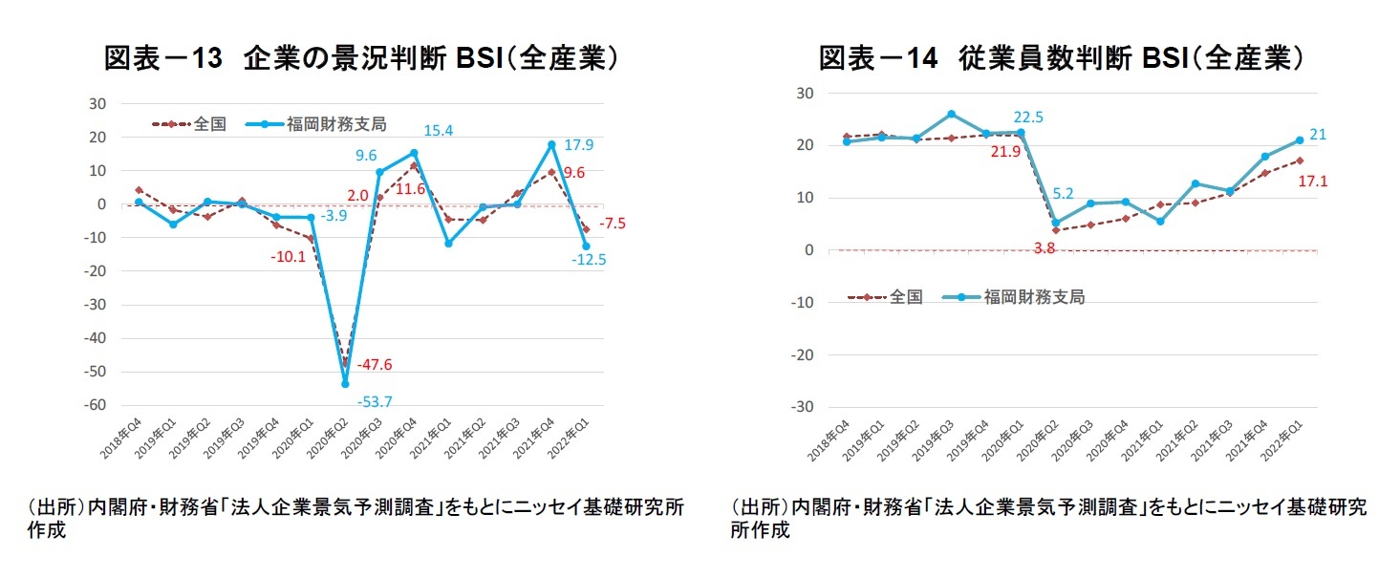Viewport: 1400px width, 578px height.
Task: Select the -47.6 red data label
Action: point(375,365)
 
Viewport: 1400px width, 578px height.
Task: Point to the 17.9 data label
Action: point(578,146)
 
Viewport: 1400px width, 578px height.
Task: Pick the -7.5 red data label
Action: point(613,225)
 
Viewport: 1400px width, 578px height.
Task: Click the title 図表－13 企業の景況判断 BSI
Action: point(359,58)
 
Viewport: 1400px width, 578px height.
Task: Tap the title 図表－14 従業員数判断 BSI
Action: point(1062,58)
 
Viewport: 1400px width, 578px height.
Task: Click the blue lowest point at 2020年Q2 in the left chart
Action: point(345,384)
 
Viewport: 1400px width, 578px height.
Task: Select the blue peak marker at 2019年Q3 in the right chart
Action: point(925,114)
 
